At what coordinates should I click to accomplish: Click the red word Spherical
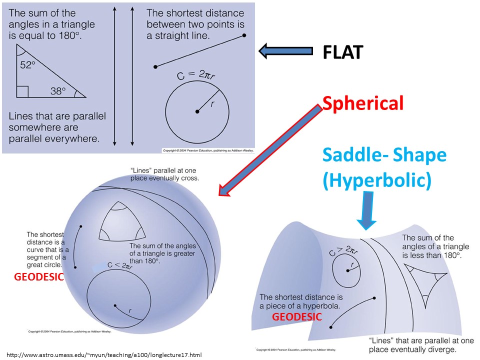(x=362, y=103)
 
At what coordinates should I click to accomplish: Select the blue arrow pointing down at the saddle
(x=367, y=210)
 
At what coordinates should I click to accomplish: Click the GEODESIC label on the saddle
(x=296, y=316)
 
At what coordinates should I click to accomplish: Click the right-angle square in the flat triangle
(x=22, y=91)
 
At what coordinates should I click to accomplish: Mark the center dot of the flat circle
(x=197, y=111)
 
